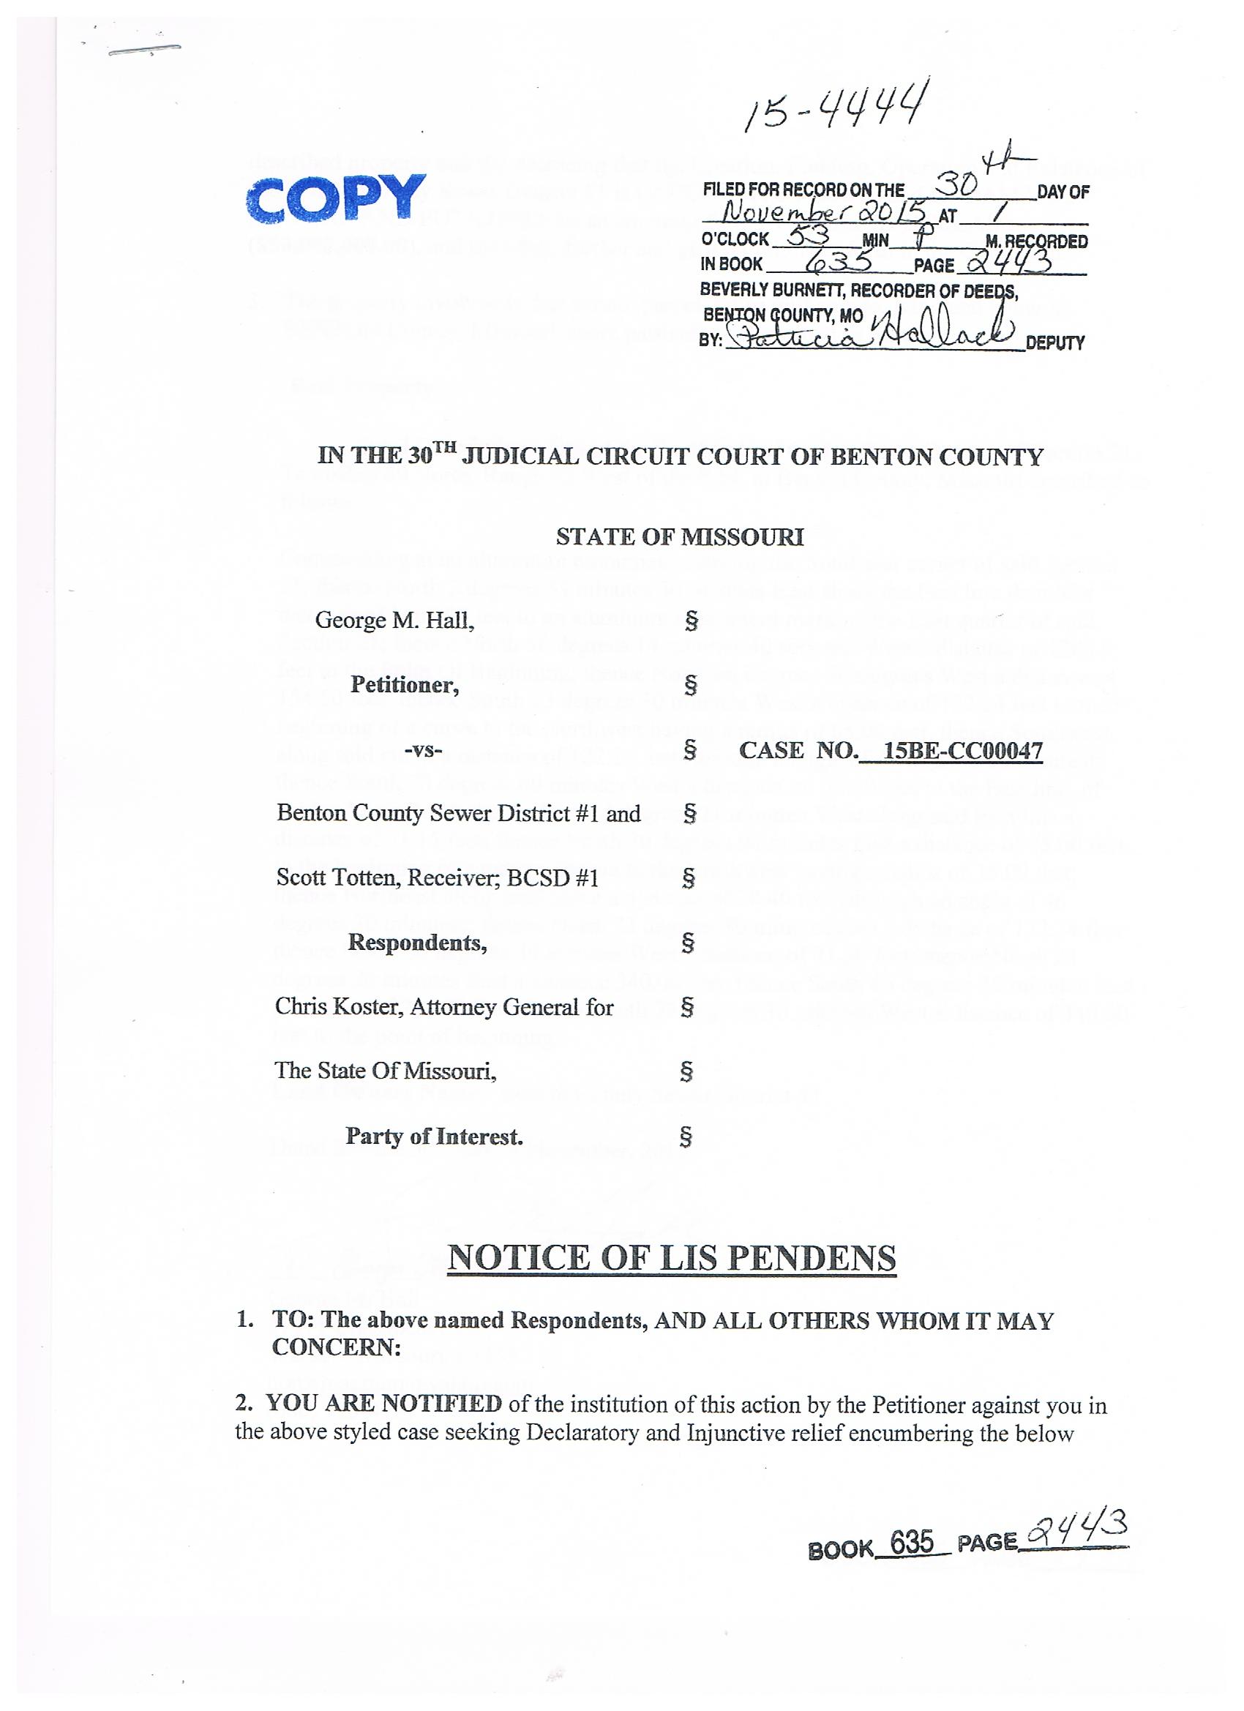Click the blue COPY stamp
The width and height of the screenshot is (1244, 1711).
(337, 197)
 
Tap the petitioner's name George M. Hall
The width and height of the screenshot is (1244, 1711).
(394, 620)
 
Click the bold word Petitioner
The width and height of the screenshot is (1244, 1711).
(405, 684)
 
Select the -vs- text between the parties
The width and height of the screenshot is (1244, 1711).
(423, 751)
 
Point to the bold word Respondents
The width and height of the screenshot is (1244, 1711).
(417, 943)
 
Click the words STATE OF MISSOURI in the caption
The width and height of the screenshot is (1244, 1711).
(680, 537)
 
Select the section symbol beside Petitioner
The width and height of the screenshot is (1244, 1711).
(689, 685)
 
